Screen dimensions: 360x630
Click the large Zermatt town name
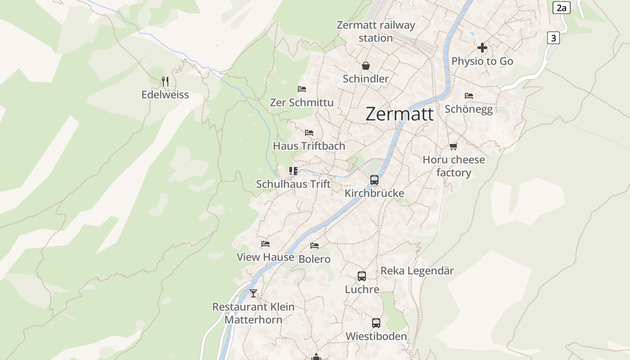point(400,114)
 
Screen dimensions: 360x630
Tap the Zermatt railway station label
point(376,31)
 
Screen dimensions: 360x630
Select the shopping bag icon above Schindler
point(366,66)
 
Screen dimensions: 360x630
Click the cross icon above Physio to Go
point(482,48)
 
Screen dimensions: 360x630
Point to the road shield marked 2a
point(561,8)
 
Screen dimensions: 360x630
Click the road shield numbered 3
point(553,38)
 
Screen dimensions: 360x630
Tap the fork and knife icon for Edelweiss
point(165,81)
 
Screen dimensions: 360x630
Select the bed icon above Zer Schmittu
point(302,89)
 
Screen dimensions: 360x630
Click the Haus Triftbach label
point(309,146)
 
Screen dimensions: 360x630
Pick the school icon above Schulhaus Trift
point(293,171)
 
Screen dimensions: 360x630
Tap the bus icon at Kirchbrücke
point(374,180)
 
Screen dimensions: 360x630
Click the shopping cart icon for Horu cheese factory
point(454,146)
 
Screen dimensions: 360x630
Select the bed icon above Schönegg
point(469,96)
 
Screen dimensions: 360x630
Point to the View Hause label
point(265,257)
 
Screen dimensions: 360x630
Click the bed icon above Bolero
point(315,246)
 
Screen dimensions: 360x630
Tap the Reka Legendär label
point(417,271)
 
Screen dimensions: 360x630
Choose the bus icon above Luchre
point(362,276)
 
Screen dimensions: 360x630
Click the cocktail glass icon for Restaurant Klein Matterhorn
point(253,293)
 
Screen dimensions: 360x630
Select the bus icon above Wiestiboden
point(376,323)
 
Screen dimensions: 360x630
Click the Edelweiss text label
point(165,95)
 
